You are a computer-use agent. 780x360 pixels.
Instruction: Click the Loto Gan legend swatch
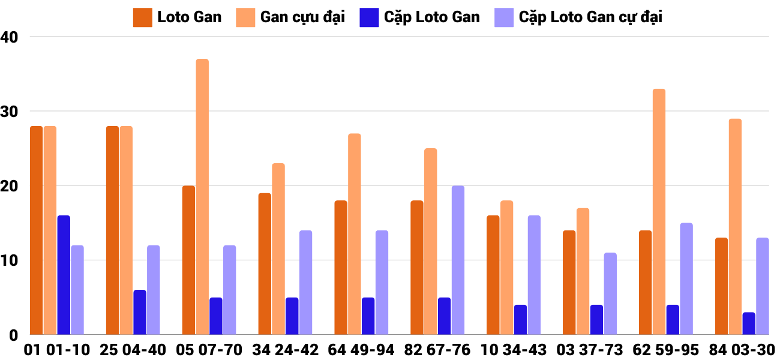tap(142, 17)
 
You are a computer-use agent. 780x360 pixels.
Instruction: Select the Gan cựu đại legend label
tap(302, 17)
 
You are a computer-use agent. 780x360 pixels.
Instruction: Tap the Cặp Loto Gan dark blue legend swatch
tap(368, 17)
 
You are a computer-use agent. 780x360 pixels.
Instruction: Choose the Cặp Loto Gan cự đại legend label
tap(590, 17)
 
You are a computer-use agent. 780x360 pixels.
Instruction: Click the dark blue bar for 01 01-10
tap(64, 275)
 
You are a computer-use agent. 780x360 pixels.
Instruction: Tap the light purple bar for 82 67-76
tap(458, 260)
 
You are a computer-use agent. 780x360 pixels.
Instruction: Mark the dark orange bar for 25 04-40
tap(112, 230)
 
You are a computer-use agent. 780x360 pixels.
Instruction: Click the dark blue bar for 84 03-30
tap(748, 323)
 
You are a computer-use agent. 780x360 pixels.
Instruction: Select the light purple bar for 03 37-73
tap(610, 293)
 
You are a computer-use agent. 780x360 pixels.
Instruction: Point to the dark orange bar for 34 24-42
tap(265, 264)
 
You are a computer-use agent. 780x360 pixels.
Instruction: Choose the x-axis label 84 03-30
tap(742, 350)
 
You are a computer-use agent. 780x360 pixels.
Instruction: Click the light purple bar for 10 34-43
tap(534, 275)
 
